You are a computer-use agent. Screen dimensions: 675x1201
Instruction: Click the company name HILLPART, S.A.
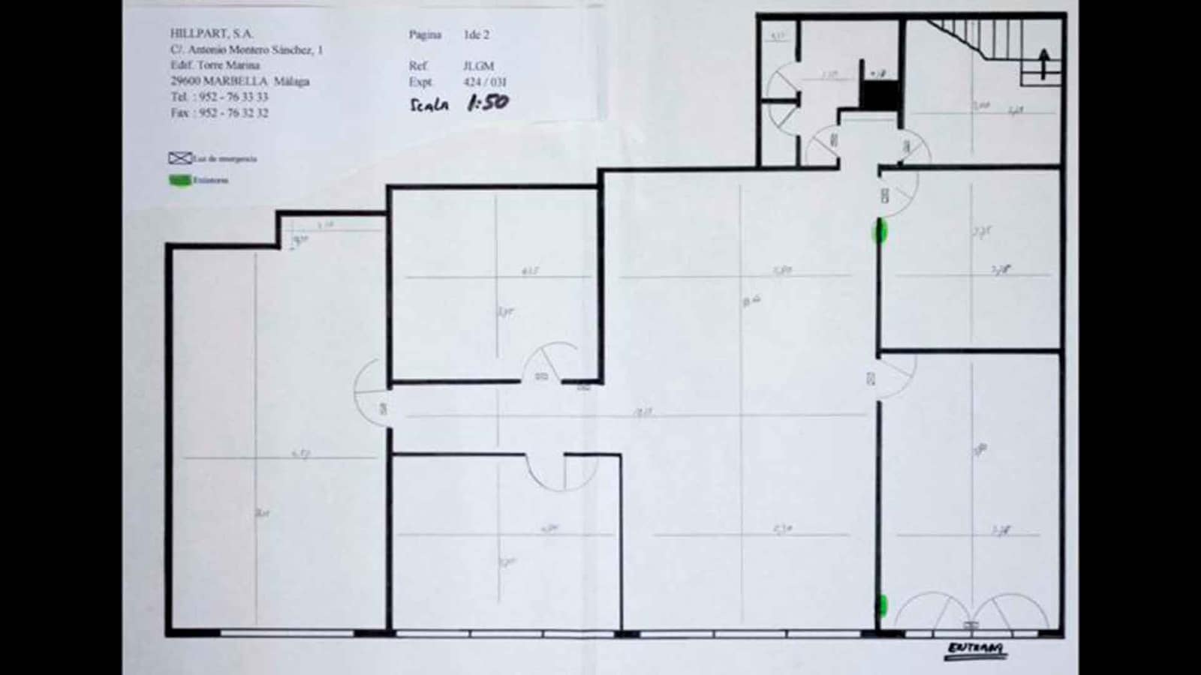[212, 34]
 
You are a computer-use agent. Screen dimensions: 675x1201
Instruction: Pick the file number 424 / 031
[485, 82]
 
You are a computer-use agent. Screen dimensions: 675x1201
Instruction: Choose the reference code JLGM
[478, 66]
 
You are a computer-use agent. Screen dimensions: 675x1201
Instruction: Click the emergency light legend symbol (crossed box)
[180, 158]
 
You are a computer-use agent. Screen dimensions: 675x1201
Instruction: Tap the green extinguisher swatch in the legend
[179, 180]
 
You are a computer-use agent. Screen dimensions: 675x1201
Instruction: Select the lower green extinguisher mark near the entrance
[883, 605]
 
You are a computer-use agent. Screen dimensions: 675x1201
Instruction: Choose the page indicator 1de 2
[476, 34]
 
